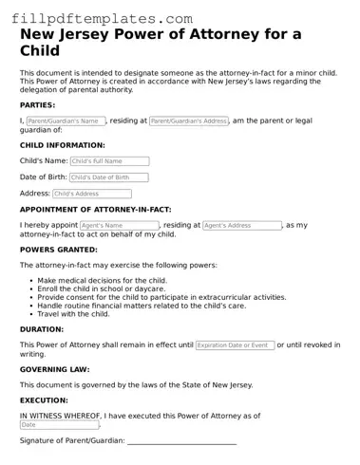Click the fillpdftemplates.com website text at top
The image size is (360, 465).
(97, 18)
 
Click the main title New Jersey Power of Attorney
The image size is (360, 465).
(161, 43)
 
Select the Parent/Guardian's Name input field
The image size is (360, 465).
(65, 121)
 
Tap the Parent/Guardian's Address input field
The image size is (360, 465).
(189, 121)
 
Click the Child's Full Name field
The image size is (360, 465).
(109, 161)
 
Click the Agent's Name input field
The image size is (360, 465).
(119, 226)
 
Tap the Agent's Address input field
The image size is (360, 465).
(242, 226)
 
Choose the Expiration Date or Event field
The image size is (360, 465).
(235, 345)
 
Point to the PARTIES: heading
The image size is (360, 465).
(37, 104)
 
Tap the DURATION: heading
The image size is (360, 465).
(42, 329)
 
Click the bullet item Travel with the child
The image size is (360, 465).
(74, 313)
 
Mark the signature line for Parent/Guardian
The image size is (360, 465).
(181, 442)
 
